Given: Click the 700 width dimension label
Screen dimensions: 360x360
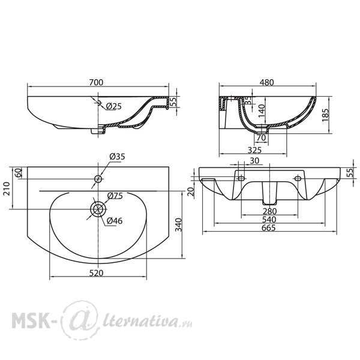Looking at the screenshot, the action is pos(96,82).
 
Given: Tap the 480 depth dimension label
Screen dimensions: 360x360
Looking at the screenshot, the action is pos(267,82).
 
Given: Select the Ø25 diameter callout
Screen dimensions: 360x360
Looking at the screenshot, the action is pos(114,106).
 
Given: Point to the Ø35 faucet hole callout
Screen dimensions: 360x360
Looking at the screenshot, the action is pos(117,157).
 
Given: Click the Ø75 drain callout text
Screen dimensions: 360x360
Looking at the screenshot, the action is pos(115,196).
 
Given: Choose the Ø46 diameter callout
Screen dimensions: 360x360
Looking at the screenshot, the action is pos(115,221).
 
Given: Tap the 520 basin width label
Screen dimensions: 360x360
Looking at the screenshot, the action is pos(97,273).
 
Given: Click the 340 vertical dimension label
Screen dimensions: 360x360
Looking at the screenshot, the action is pos(178,225).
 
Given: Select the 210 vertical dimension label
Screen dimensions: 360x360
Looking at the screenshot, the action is pos(7,188).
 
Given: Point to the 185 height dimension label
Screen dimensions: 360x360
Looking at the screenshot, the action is pos(325,115).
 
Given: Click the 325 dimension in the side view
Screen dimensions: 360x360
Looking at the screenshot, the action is pos(254,150).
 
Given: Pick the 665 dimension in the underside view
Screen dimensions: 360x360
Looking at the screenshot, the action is pos(269,228).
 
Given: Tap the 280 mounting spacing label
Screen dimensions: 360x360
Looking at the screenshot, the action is pos(269,211).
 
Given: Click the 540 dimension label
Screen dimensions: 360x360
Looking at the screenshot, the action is pos(269,220).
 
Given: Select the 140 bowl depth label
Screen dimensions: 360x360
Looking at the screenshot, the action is pos(262,111).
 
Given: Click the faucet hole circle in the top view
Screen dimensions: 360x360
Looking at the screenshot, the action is pos(98,179).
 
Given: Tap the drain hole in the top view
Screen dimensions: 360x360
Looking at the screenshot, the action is pos(98,209).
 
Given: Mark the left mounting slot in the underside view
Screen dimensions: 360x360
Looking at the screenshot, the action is pos(242,178).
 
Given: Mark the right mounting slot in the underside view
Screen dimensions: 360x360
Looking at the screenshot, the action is pos(298,178).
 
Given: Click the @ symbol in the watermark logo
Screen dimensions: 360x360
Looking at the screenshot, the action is pos(79,320).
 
